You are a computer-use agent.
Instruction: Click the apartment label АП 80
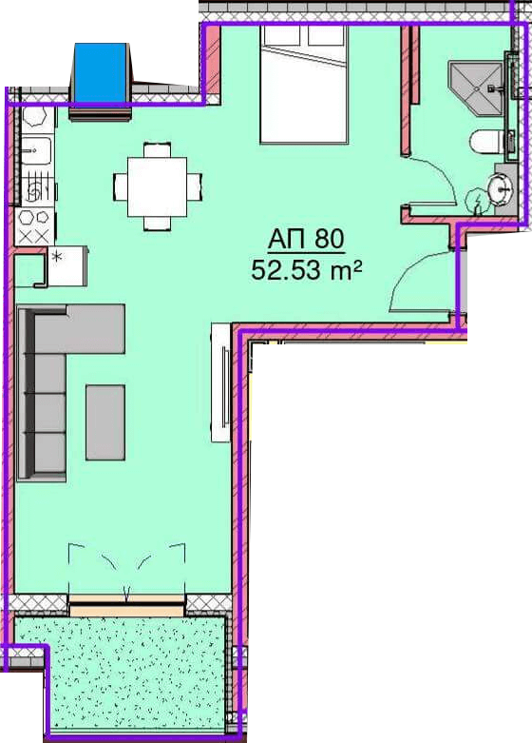tap(306, 240)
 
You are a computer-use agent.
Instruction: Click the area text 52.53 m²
tap(307, 270)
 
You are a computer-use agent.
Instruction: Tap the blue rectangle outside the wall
tap(100, 72)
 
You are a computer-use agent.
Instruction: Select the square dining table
tap(157, 186)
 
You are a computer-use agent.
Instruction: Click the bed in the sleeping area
tap(304, 85)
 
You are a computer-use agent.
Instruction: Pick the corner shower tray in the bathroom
tap(475, 88)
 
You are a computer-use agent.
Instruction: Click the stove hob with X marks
tap(35, 226)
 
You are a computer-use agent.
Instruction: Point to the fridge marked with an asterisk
tap(66, 265)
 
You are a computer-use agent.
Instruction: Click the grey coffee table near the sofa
tap(105, 422)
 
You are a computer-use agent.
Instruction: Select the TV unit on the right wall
tap(220, 382)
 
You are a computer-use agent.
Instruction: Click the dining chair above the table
tap(157, 149)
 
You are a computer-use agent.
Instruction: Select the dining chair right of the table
tap(195, 186)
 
